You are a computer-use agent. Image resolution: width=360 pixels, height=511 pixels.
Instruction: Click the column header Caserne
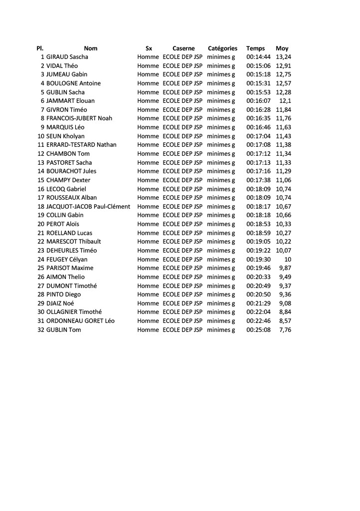[183, 48]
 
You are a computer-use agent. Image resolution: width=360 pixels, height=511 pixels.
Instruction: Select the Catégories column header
[222, 48]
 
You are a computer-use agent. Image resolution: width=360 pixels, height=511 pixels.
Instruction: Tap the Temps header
[256, 48]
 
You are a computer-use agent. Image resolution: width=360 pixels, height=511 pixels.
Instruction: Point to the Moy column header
[282, 48]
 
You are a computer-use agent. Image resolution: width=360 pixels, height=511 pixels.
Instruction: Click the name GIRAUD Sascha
[67, 57]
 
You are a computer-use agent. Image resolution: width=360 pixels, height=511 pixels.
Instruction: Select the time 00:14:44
[258, 57]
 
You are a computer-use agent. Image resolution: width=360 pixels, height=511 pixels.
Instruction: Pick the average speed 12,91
[283, 66]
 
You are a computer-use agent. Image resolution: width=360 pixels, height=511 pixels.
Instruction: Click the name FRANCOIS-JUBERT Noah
[79, 118]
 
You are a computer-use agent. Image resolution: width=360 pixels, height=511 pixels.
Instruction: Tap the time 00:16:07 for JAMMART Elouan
[258, 101]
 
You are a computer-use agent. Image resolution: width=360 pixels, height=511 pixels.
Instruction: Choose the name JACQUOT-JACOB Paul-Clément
[88, 207]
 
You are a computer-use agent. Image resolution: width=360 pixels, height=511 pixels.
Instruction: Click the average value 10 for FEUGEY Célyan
[288, 259]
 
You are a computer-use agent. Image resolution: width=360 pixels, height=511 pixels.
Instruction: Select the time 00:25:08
[258, 330]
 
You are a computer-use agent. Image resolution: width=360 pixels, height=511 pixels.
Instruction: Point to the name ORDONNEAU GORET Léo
[80, 321]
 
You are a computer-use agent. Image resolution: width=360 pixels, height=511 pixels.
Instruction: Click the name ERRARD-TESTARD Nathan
[81, 145]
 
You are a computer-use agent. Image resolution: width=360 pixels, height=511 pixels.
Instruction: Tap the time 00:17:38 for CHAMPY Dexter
[258, 180]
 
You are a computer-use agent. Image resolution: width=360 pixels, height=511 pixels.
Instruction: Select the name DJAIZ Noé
[60, 303]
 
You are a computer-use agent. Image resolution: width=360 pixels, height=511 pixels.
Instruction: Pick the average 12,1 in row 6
[285, 101]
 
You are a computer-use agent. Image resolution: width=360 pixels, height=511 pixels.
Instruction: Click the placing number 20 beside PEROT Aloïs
[41, 224]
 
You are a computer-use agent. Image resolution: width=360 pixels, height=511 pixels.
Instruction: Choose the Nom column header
[91, 48]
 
